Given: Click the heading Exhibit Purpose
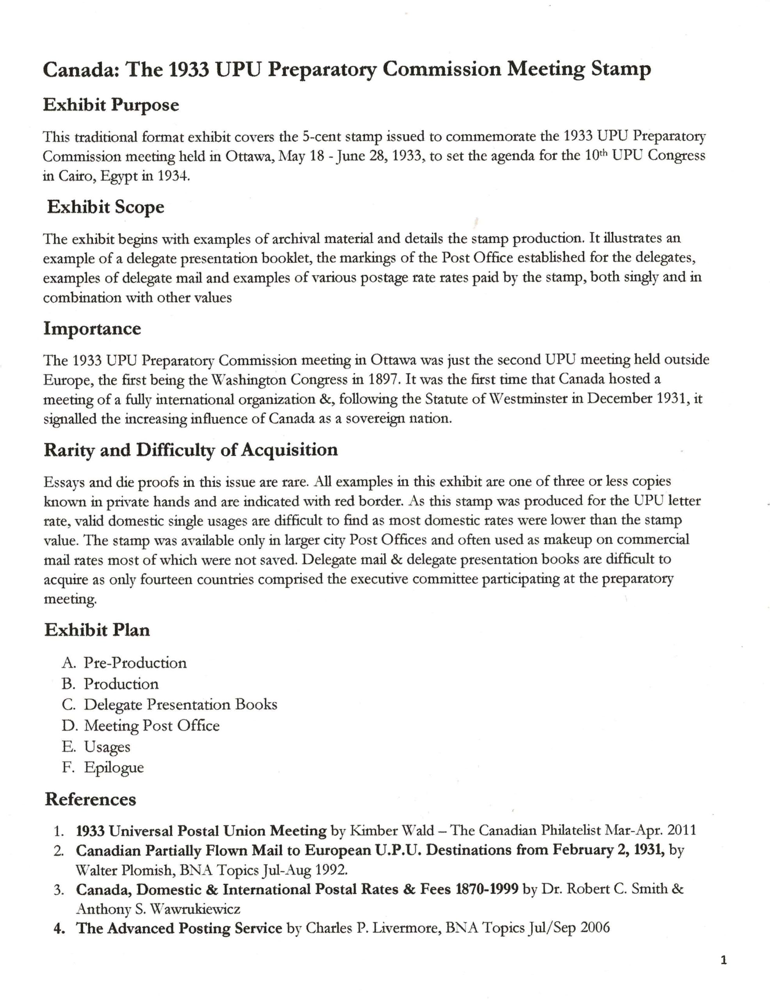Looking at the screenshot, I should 111,105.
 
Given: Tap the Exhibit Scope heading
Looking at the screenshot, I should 106,207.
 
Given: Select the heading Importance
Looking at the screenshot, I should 92,329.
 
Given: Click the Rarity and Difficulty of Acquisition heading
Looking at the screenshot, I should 191,450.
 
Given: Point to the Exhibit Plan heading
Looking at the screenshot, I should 97,630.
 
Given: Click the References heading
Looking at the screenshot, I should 91,799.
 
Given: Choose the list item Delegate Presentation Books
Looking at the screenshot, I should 180,704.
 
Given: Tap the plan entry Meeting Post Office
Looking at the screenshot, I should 151,725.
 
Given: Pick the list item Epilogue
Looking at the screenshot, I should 114,767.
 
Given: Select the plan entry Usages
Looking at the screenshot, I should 107,747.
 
